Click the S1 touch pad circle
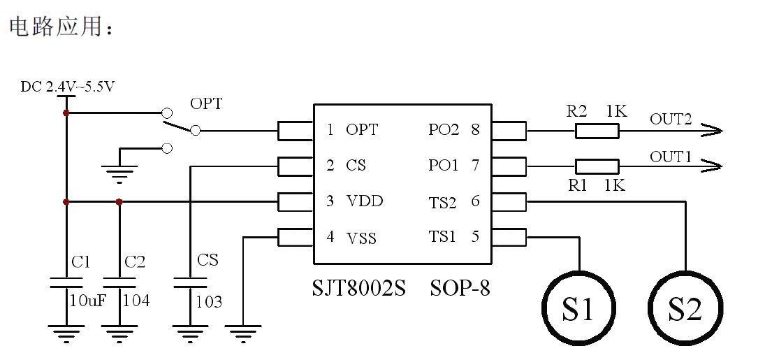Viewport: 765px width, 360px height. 579,308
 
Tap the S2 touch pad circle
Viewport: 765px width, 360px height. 685,308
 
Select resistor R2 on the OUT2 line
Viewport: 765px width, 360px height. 597,130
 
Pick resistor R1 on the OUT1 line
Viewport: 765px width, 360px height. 597,166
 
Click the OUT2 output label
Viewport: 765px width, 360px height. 671,118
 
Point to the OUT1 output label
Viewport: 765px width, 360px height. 671,156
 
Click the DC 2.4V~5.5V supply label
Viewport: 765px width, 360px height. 68,87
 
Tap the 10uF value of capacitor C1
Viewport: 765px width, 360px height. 87,301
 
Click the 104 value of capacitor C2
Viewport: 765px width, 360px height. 136,301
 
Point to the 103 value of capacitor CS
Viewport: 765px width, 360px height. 208,302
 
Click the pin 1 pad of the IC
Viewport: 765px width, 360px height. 295,130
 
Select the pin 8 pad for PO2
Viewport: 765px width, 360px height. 509,130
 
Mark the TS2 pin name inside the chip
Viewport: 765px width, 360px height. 442,203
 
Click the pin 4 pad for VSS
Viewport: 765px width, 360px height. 295,237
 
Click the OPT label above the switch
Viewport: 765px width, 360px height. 206,104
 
